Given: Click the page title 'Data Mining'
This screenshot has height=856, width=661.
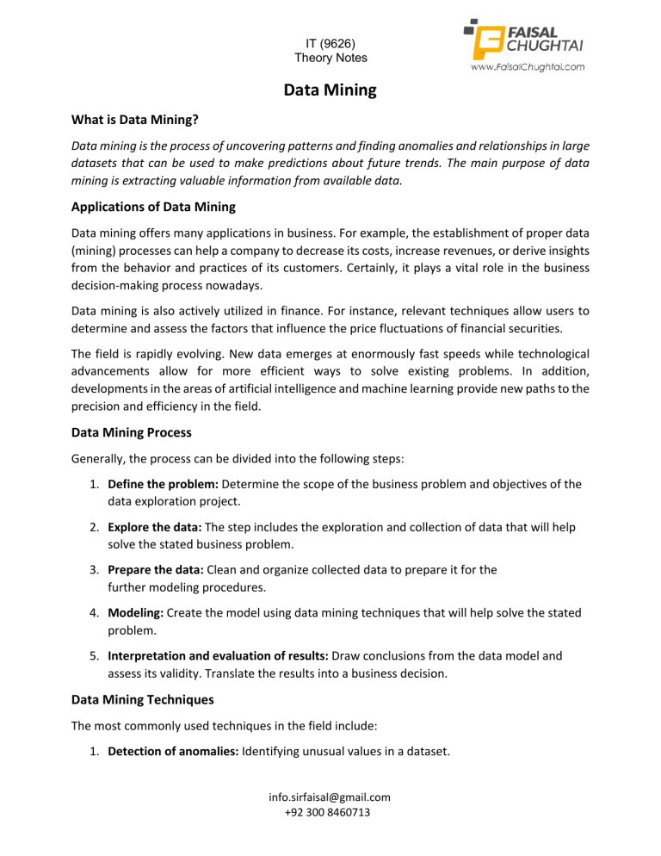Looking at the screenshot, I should [x=330, y=90].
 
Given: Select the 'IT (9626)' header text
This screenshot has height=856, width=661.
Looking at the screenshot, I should [x=330, y=41].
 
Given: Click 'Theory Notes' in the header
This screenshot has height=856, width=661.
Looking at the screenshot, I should [x=330, y=58].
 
